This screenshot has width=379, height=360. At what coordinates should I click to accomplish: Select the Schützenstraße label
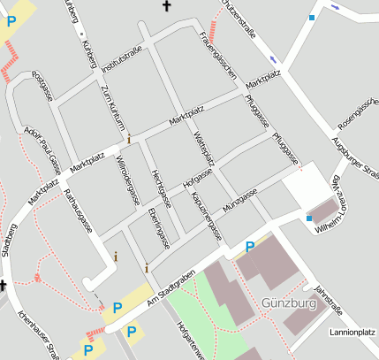tap(239, 19)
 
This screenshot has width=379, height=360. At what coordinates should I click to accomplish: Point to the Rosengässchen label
tap(358, 107)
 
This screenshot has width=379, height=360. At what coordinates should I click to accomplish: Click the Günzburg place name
tap(289, 303)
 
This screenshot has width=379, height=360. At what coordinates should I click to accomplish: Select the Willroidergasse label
tap(129, 180)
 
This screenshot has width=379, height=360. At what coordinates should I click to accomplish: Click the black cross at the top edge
tap(165, 6)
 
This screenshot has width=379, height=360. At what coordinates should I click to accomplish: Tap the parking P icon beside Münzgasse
tap(250, 247)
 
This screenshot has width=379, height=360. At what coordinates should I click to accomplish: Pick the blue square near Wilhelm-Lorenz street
tap(308, 217)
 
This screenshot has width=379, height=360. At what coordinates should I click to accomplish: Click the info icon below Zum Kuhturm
tap(129, 139)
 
